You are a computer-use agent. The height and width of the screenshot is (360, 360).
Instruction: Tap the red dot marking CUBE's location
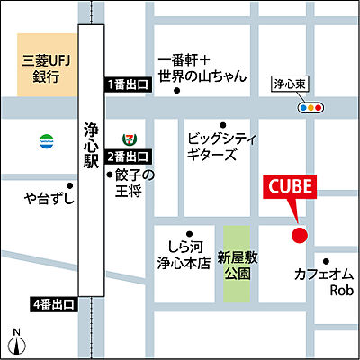coord(300,236)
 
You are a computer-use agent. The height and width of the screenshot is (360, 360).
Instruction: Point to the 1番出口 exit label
coord(127,84)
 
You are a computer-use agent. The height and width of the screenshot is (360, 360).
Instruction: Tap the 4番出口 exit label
coord(53,304)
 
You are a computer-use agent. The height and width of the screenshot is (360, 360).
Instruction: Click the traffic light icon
coord(311,106)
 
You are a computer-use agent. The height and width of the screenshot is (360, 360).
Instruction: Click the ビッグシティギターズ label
coord(223,147)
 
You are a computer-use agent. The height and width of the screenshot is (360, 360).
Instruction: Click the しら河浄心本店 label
coord(182,256)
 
